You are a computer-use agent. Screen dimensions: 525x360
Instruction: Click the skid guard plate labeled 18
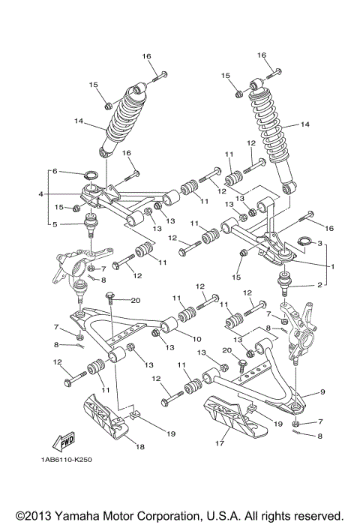pos(102,418)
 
